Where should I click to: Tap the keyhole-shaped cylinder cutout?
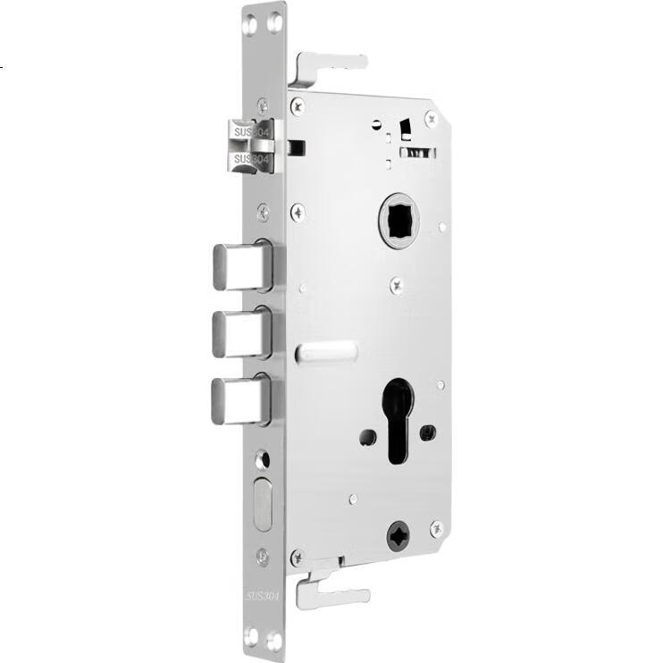[x=398, y=420]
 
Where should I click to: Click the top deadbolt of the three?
[x=242, y=266]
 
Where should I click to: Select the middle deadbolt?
[x=241, y=333]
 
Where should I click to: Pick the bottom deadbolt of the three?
[x=240, y=400]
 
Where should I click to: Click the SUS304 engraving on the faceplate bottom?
[x=263, y=596]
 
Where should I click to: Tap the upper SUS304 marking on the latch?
[x=251, y=132]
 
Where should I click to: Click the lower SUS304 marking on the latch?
[x=251, y=159]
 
